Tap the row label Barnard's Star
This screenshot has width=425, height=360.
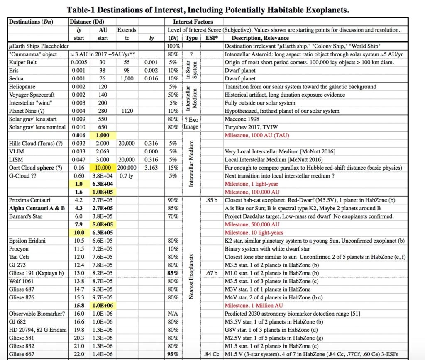26,216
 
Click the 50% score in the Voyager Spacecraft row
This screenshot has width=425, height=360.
173,95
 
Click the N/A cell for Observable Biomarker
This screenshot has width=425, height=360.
173,314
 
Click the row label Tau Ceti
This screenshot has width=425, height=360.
19,257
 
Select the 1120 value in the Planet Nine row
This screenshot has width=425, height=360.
127,111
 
